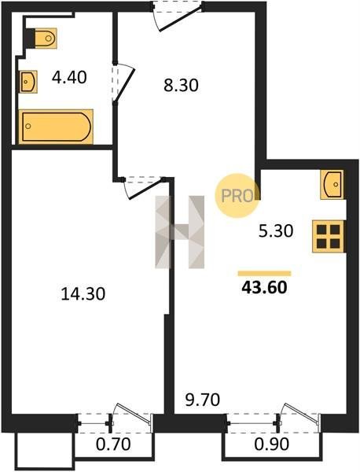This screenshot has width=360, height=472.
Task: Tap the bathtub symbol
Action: pyautogui.click(x=56, y=127)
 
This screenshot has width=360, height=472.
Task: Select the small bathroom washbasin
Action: pyautogui.click(x=28, y=82)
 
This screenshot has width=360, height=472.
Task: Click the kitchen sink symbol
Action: pyautogui.click(x=332, y=185)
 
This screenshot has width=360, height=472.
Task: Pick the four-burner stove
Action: pyautogui.click(x=328, y=236)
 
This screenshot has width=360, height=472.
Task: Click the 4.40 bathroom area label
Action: pyautogui.click(x=69, y=78)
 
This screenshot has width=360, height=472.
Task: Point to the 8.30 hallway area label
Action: pyautogui.click(x=181, y=86)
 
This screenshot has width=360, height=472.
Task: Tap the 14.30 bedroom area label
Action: pyautogui.click(x=83, y=293)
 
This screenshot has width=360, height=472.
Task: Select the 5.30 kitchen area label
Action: pyautogui.click(x=276, y=231)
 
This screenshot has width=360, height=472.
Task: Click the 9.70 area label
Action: pyautogui.click(x=203, y=400)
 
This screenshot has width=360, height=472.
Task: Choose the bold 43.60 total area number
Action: pyautogui.click(x=264, y=287)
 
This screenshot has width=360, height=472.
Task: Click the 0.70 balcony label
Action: pyautogui.click(x=113, y=444)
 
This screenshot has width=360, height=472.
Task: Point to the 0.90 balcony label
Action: pyautogui.click(x=272, y=444)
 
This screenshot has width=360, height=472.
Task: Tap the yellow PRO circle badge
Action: pyautogui.click(x=237, y=196)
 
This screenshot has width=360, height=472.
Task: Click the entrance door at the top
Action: pyautogui.click(x=178, y=16)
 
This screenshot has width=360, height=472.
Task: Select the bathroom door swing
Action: pyautogui.click(x=123, y=83)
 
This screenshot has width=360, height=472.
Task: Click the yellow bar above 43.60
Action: pyautogui.click(x=264, y=273)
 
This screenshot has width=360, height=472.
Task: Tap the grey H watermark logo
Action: pyautogui.click(x=179, y=232)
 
